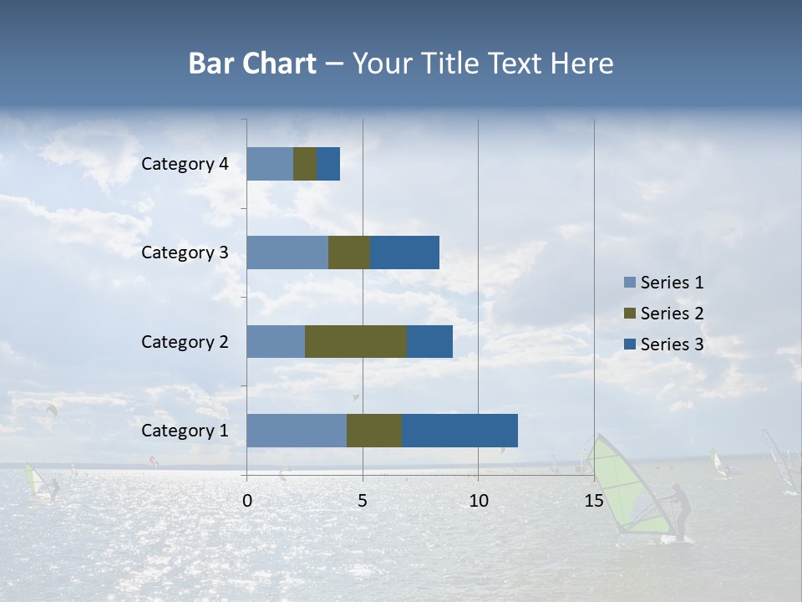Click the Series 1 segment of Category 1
coord(297,431)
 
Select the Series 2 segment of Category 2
coord(356,341)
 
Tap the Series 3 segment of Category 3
coord(404,253)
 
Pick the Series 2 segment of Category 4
coord(305,164)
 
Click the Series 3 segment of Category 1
coord(459,431)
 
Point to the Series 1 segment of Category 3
coord(287,253)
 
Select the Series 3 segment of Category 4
coord(328,164)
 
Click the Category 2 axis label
coord(185,341)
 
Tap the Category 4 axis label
coord(185,164)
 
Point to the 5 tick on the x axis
coord(363,501)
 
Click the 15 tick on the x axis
coord(593,501)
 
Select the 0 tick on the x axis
coord(247,501)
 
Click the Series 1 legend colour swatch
coord(629,283)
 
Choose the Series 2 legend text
coord(672,314)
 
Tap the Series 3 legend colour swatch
coord(629,344)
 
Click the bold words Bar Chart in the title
coord(252,64)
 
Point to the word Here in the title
coord(582,64)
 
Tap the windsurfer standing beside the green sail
coord(682,513)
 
